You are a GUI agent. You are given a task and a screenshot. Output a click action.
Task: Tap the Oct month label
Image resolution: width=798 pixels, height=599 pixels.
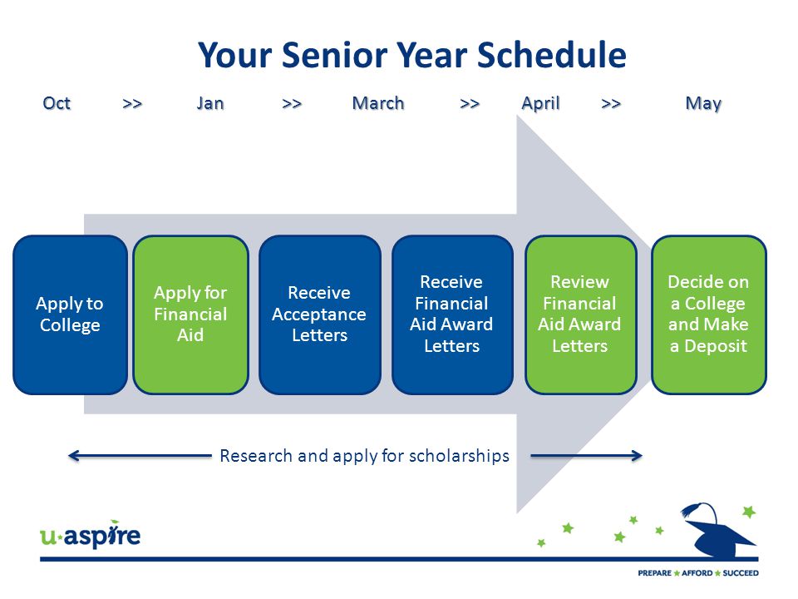57,103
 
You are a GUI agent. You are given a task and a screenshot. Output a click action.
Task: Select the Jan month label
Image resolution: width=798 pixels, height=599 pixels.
210,103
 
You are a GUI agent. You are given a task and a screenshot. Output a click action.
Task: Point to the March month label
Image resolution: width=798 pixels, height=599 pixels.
378,103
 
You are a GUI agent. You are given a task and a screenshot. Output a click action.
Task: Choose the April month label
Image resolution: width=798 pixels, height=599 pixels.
540,103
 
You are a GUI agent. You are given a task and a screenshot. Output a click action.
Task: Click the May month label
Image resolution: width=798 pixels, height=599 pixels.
703,104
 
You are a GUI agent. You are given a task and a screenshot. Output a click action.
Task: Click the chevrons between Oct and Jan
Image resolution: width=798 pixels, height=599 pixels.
132,104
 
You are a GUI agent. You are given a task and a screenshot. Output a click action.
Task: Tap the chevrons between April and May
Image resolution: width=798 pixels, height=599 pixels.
611,104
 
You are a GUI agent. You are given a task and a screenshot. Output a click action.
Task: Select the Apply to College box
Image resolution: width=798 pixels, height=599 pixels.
70,314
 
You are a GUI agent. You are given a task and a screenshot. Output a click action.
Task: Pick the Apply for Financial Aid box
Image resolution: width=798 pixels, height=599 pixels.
191,314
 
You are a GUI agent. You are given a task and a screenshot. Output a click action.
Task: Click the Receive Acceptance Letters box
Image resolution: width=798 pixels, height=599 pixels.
319,314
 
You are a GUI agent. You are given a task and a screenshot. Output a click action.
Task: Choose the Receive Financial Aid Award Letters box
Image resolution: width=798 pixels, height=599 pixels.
452,314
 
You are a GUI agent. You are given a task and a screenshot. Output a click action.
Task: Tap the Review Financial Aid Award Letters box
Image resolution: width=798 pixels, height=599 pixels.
581,314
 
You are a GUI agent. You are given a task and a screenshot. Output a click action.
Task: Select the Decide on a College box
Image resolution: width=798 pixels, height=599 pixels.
709,314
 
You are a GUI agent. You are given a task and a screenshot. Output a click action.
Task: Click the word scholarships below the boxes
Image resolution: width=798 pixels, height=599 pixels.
459,456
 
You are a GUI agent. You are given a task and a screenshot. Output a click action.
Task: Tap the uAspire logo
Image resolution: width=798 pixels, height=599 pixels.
90,534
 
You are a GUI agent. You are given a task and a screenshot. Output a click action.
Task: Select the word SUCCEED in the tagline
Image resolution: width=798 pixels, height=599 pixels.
741,573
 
